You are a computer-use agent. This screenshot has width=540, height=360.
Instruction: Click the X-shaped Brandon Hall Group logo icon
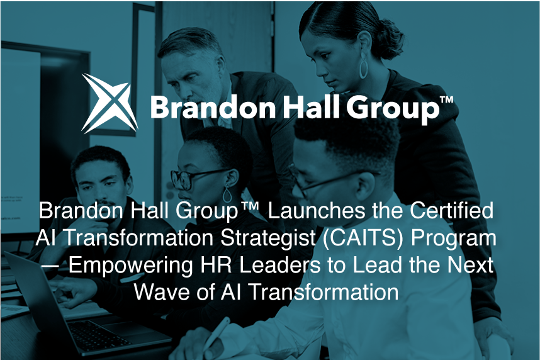[x=110, y=103]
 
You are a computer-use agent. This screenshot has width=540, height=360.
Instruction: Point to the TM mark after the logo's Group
[x=447, y=100]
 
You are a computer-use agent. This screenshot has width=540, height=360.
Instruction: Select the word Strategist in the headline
[x=268, y=238]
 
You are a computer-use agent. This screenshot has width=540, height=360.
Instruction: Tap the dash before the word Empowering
[x=51, y=266]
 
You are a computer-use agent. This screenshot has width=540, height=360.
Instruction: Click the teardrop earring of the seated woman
[x=228, y=194]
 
